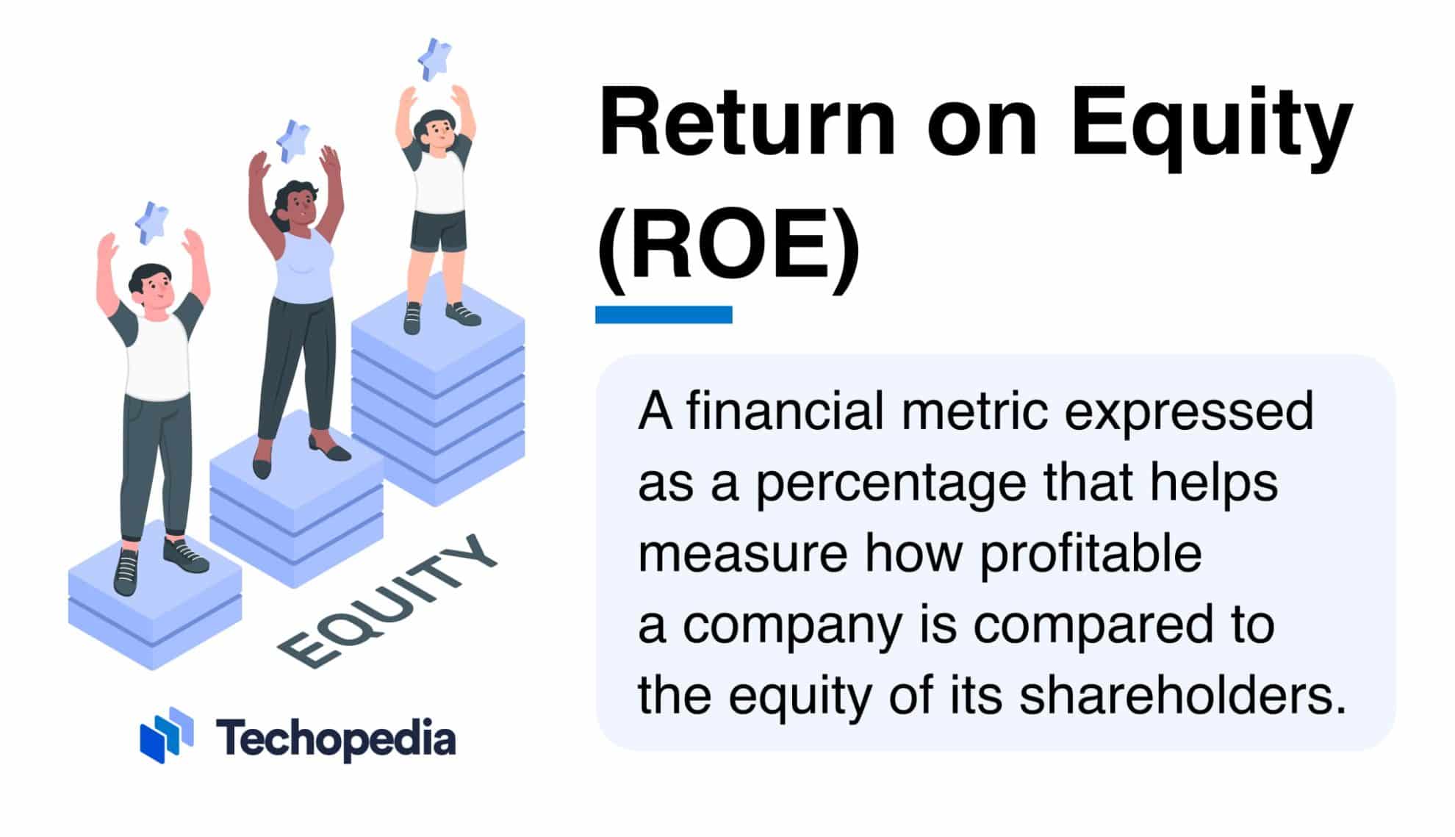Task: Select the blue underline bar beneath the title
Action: coord(664,315)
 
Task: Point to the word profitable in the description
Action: coord(1091,554)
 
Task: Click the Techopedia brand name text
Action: coord(336,738)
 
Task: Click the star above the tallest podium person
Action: coord(435,58)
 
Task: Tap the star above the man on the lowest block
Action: coord(153,222)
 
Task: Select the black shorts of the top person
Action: coord(439,230)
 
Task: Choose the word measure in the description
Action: coord(742,554)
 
